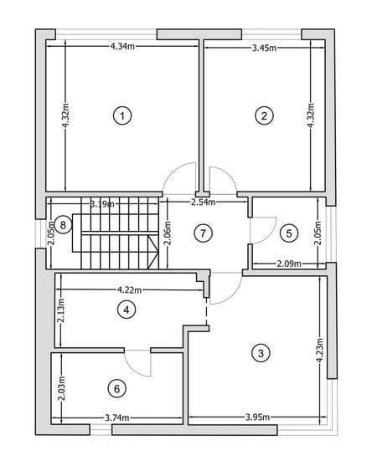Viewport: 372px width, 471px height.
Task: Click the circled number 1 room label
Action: click(x=122, y=115)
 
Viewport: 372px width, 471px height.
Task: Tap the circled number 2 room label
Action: click(x=264, y=115)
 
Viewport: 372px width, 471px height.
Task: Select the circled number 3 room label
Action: click(x=261, y=353)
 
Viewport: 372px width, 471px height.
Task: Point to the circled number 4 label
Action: click(x=127, y=310)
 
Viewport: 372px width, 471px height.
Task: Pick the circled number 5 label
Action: click(x=289, y=233)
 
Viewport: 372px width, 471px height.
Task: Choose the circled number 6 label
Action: click(x=117, y=389)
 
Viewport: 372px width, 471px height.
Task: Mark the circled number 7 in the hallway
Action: click(x=203, y=233)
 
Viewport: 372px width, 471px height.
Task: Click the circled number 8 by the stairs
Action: click(x=63, y=225)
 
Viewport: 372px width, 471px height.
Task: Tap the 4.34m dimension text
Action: click(x=122, y=46)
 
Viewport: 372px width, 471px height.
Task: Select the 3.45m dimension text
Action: click(x=264, y=48)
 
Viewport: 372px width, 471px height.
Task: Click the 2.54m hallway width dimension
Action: click(x=204, y=202)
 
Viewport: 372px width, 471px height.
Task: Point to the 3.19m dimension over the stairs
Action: click(x=102, y=204)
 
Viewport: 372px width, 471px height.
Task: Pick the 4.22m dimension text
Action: click(x=129, y=289)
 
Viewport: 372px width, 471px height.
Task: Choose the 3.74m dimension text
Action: click(x=117, y=417)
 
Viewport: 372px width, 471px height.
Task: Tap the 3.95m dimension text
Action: click(x=257, y=417)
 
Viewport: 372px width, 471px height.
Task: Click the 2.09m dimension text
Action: click(x=289, y=264)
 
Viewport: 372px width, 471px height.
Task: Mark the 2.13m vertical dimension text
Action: click(x=60, y=310)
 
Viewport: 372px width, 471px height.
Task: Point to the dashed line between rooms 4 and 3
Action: click(x=206, y=311)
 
